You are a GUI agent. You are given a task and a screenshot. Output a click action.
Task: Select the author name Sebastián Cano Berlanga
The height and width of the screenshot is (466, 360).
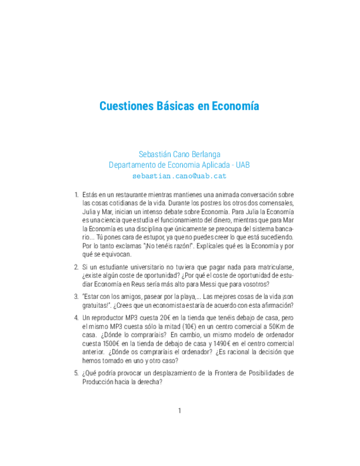(x=179, y=154)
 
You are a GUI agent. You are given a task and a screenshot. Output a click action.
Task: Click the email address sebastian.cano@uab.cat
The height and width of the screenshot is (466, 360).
(x=179, y=176)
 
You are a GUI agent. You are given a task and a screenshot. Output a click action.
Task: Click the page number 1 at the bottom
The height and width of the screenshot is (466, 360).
(x=179, y=410)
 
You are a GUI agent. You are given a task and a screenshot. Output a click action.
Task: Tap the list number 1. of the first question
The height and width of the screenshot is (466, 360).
(x=76, y=195)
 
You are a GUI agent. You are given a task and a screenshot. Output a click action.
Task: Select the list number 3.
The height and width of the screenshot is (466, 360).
(x=76, y=296)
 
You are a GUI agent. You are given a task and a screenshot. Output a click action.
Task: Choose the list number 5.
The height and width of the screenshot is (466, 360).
(x=76, y=373)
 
